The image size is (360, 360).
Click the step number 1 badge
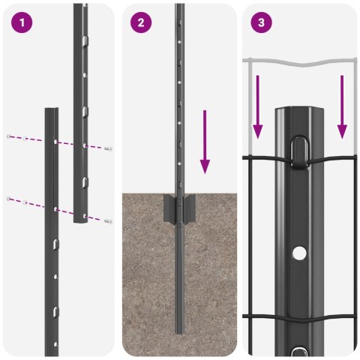(22, 22)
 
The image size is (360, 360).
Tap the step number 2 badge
(140, 22)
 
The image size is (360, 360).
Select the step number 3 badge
(260, 22)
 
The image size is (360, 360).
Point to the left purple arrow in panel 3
(256, 105)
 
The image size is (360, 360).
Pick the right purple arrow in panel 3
(342, 105)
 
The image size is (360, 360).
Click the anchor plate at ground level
(179, 208)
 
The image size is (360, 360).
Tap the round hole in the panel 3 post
(299, 253)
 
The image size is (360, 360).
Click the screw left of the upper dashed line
(9, 136)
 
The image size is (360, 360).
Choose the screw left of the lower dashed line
(9, 198)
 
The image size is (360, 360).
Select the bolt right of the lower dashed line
(109, 220)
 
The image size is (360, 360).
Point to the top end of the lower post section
(50, 110)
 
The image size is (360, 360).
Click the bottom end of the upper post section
(80, 221)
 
